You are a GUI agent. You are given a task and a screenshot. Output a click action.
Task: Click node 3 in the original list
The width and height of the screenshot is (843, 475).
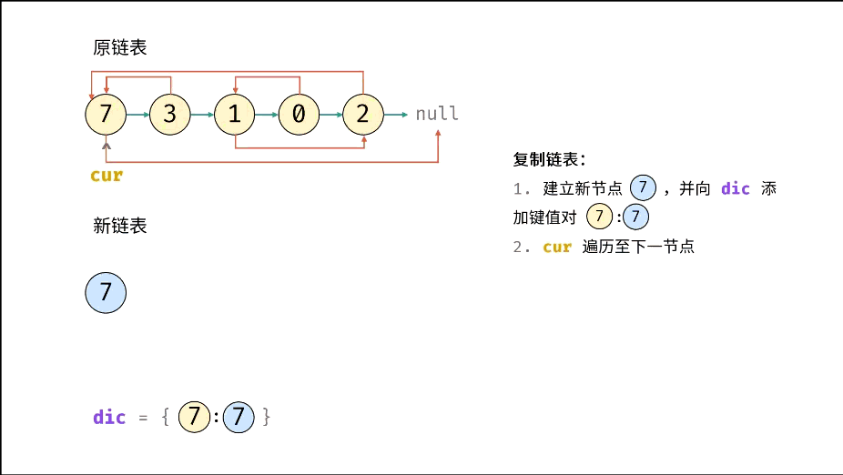170,115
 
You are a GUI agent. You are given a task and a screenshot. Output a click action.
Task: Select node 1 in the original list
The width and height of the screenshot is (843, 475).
235,115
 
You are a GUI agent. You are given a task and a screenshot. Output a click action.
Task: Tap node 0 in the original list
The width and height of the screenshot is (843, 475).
299,115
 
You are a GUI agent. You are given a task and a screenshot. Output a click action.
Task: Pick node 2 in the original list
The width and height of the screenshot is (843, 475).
363,115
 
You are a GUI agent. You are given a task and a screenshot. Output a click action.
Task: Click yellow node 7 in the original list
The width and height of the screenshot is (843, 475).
106,115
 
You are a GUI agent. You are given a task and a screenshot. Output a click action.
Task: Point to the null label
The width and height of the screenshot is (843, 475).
437,115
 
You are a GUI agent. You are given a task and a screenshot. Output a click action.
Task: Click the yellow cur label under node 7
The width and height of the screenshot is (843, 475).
107,176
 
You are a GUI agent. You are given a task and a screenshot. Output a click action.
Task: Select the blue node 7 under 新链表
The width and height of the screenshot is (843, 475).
106,293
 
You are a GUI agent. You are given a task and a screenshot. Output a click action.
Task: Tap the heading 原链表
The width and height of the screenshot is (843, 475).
119,48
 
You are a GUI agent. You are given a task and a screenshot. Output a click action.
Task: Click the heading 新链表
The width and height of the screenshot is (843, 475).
119,226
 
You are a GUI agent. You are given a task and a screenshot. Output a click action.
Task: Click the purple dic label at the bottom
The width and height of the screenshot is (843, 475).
109,418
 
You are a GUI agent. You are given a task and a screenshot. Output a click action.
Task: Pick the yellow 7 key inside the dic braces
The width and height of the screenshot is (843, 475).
194,418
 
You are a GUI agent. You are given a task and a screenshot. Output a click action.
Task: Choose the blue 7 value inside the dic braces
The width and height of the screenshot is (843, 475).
239,418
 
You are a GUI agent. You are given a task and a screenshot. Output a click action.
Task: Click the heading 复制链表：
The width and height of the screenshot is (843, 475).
549,160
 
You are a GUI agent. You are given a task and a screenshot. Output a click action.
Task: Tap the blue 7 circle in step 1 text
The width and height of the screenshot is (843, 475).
644,188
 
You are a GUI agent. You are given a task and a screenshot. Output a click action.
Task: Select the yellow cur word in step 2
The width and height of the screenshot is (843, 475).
557,247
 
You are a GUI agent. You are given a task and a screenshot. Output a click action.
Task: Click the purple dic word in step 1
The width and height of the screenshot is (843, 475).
736,188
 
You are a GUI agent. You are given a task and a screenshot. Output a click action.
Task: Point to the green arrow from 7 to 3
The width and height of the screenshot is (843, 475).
138,115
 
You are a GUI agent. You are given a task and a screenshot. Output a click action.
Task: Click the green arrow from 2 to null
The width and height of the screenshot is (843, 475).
396,115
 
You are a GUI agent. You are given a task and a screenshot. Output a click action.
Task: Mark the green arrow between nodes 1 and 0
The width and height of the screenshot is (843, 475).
267,115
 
